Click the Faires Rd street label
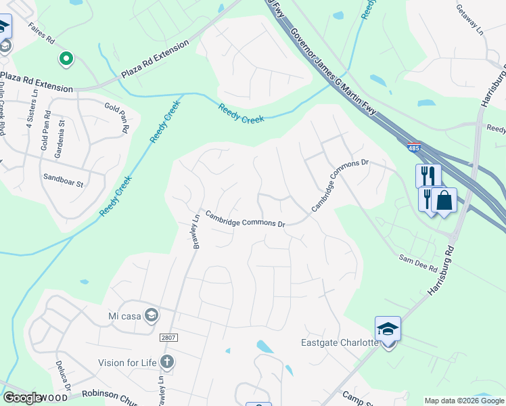click(x=41, y=35)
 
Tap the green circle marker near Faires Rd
click(x=66, y=60)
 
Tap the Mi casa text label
click(x=122, y=315)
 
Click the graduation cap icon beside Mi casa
click(x=152, y=315)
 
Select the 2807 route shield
click(x=169, y=337)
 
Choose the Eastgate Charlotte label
click(x=339, y=342)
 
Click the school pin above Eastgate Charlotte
click(x=388, y=330)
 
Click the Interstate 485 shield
click(x=412, y=146)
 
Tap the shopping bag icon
click(x=444, y=201)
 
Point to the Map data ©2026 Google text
click(x=464, y=401)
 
